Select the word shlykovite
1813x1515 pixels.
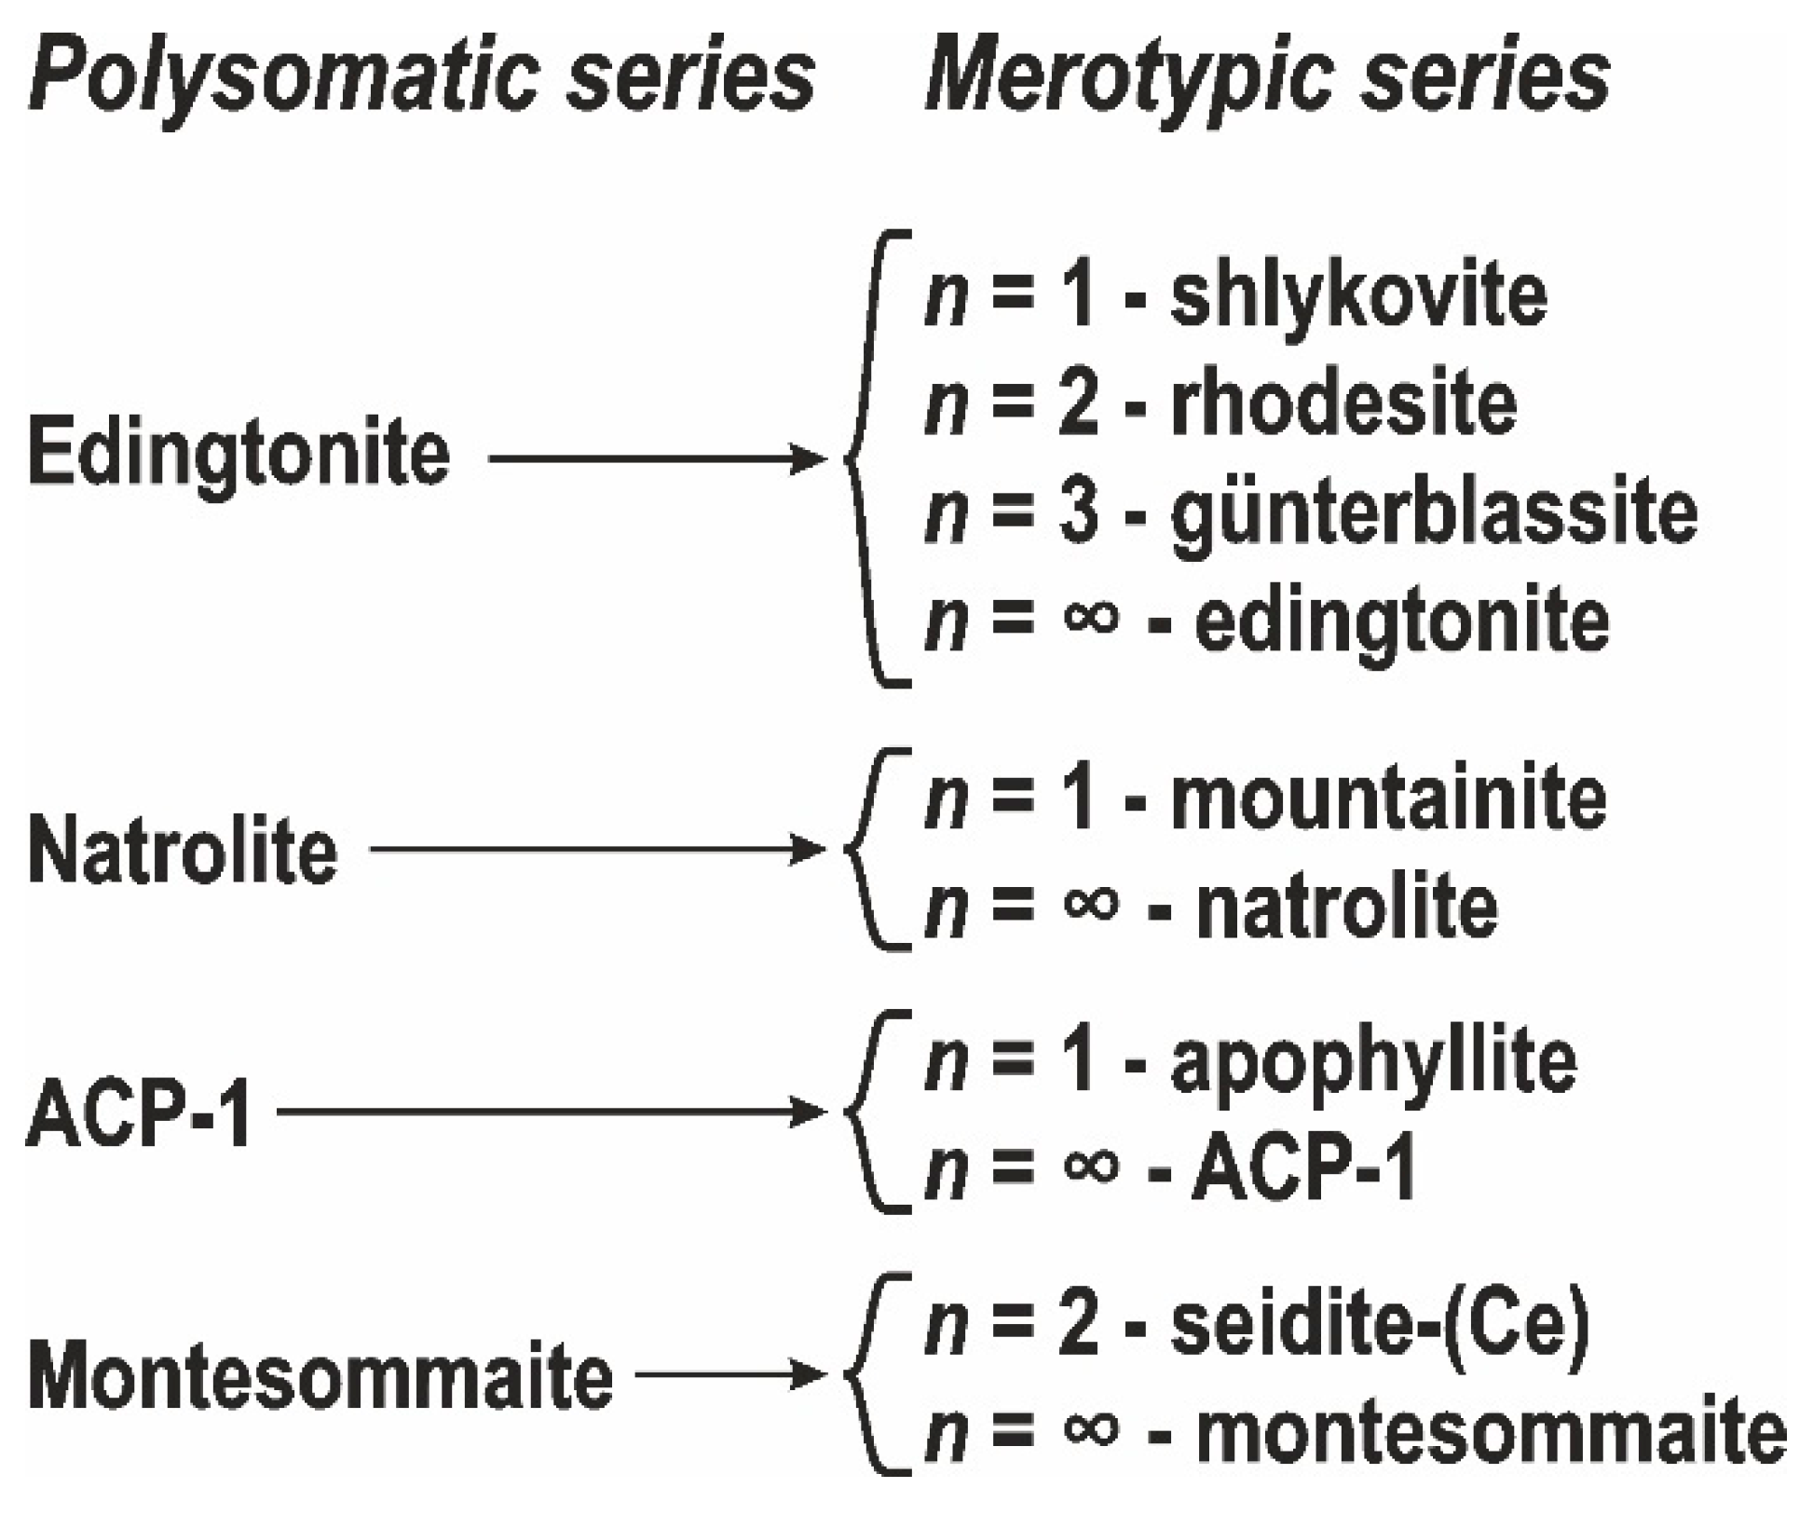(x=1357, y=296)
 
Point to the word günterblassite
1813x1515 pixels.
(x=1433, y=512)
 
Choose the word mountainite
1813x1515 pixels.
(x=1387, y=798)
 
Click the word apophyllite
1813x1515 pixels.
(x=1372, y=1062)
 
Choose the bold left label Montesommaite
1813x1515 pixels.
(x=320, y=1377)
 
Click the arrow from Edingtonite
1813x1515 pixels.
(x=657, y=458)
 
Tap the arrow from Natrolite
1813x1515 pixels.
(x=597, y=849)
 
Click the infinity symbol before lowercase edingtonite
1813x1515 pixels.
(x=1090, y=619)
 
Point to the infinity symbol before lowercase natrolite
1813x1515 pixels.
(x=1090, y=904)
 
